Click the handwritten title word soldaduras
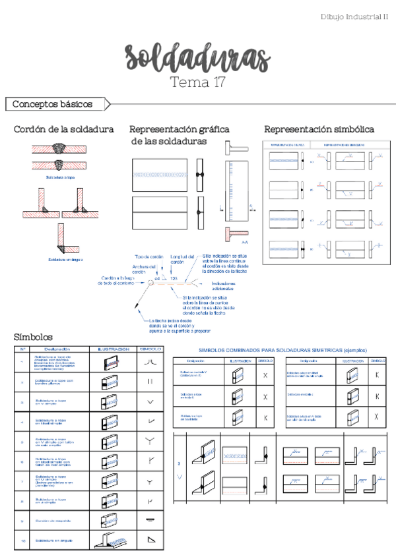[x=197, y=59]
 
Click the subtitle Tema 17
[x=197, y=83]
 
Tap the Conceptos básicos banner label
[x=52, y=104]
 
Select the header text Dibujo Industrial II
[x=354, y=16]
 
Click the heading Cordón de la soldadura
[x=63, y=129]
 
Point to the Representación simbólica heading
[x=319, y=129]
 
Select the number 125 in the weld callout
[x=174, y=279]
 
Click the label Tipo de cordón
[x=148, y=256]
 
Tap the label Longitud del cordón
[x=182, y=259]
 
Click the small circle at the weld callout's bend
[x=151, y=283]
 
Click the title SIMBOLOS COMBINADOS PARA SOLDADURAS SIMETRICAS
[x=282, y=351]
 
